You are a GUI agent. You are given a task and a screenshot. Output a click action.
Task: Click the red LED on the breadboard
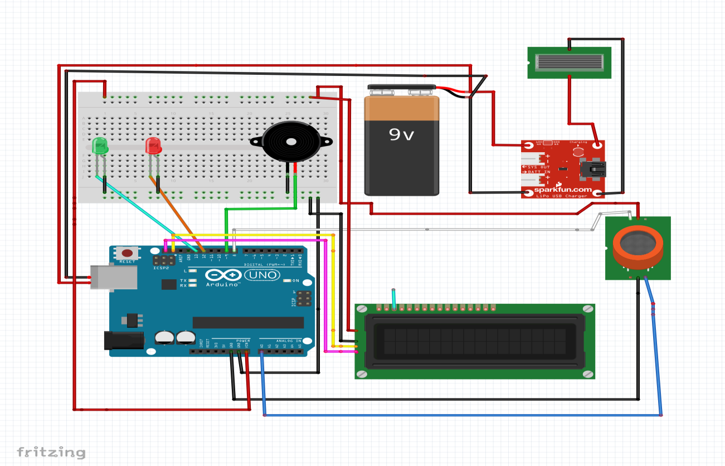(x=153, y=146)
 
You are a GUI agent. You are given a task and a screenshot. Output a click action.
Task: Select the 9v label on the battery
(x=401, y=135)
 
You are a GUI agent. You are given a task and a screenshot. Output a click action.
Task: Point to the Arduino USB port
(x=114, y=277)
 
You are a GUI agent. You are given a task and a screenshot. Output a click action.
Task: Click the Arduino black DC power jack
(x=124, y=341)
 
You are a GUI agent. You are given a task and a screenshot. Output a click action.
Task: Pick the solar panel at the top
(x=568, y=62)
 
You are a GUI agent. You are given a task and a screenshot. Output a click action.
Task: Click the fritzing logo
(x=51, y=452)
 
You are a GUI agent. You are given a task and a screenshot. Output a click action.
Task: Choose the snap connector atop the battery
(x=401, y=90)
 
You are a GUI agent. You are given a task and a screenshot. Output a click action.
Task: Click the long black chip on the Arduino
(x=248, y=322)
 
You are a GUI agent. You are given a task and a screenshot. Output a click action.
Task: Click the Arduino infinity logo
(x=222, y=275)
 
